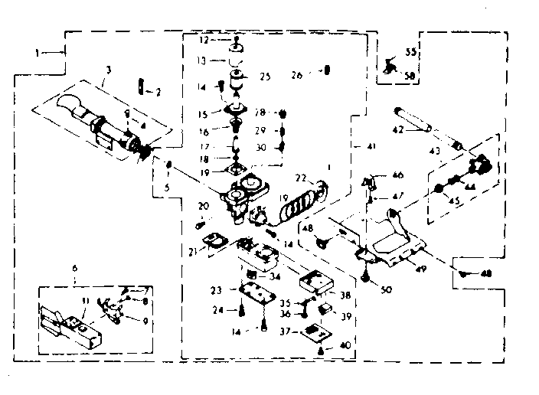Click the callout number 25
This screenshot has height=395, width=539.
[x=266, y=77]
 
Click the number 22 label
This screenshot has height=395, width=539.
[x=299, y=178]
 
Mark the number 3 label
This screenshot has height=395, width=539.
[x=109, y=70]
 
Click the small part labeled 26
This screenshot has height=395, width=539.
[x=327, y=70]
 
